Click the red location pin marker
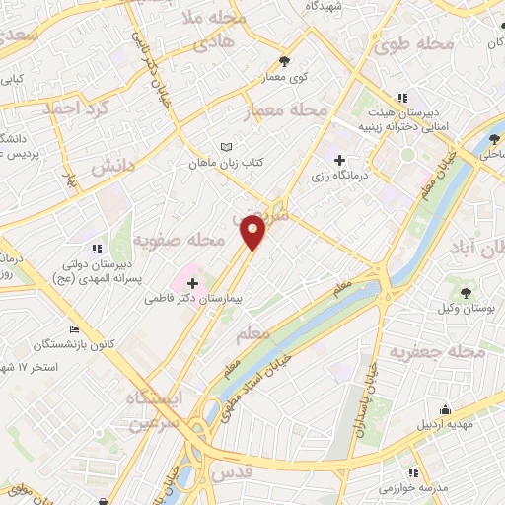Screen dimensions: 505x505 (253, 232)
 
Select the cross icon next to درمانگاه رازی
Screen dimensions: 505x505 (340, 160)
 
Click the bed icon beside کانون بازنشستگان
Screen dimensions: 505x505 (74, 330)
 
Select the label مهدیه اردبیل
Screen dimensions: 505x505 (445, 427)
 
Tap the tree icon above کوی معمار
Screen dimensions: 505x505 (284, 61)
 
